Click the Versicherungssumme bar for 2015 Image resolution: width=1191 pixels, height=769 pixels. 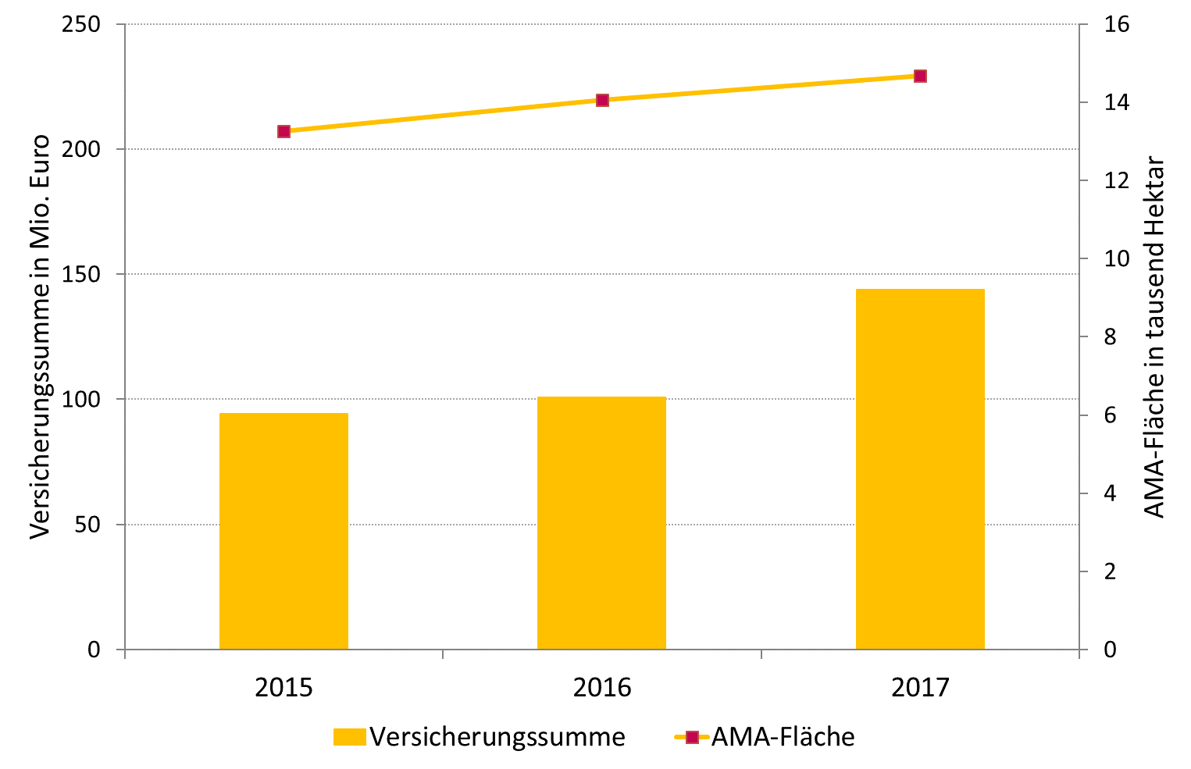point(283,531)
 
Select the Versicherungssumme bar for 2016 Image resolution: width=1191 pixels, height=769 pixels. point(601,523)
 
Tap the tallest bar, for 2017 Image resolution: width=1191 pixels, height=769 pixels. point(920,468)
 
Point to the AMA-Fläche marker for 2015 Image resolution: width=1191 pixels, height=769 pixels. point(283,131)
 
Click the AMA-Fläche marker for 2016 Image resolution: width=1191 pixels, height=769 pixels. point(602,100)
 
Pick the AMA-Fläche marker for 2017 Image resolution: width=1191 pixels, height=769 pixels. point(920,76)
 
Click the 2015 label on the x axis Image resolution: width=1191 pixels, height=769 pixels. point(283,688)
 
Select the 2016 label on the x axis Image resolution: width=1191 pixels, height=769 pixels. point(602,688)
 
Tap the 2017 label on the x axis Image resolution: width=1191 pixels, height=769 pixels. point(920,688)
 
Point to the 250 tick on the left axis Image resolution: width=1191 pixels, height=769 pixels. point(82,24)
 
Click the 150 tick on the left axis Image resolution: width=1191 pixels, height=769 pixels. point(82,274)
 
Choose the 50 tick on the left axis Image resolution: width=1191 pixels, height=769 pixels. point(88,524)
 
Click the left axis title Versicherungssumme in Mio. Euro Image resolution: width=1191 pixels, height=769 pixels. point(40,336)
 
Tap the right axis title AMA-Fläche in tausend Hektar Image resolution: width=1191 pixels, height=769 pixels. point(1154,337)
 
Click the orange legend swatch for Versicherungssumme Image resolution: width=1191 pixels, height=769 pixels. point(349,737)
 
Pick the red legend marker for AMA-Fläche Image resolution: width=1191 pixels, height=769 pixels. point(691,737)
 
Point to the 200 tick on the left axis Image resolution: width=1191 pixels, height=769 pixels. point(82,149)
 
